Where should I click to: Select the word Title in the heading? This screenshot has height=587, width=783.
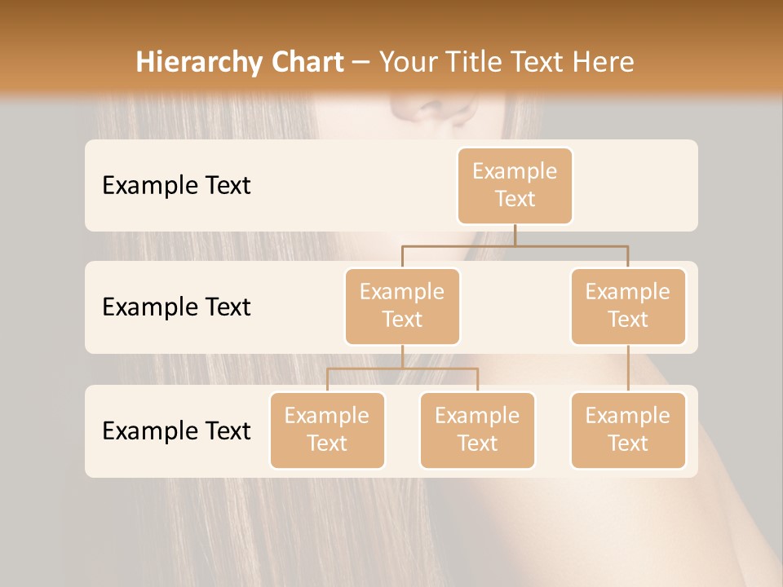click(469, 62)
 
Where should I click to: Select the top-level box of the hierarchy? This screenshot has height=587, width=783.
click(515, 185)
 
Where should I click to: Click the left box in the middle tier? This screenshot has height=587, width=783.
click(402, 306)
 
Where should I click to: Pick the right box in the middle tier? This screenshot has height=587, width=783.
click(628, 306)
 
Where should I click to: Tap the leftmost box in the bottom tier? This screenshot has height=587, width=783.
click(327, 430)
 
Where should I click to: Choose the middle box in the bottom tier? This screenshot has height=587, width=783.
click(477, 430)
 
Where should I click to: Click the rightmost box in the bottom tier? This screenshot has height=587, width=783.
click(628, 430)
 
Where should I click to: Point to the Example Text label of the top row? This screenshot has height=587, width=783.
click(176, 185)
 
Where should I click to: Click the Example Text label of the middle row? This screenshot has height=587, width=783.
click(176, 307)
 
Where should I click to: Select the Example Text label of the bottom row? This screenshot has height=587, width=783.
click(176, 430)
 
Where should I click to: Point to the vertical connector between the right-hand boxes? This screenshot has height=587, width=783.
click(628, 369)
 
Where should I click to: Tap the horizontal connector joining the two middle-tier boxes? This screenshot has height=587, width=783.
click(515, 245)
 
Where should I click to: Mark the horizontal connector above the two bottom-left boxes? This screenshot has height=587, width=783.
click(402, 369)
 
